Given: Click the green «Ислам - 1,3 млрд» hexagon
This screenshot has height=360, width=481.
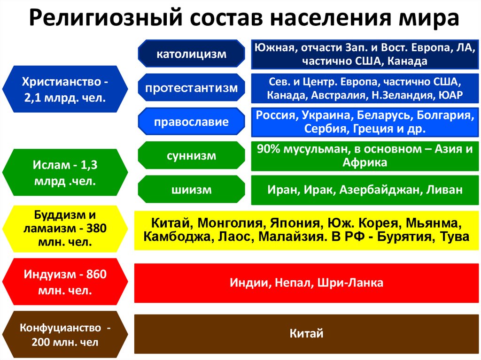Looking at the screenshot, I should pos(65,173).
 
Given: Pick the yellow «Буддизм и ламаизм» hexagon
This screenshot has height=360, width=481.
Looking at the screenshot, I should pos(65,229).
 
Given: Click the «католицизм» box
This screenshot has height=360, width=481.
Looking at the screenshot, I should pos(191,54).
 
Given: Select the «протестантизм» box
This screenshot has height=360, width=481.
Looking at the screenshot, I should pos(191,88).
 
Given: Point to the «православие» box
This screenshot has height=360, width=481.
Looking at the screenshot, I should pos(191,122).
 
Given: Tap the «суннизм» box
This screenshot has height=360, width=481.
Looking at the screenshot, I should pos(191,155).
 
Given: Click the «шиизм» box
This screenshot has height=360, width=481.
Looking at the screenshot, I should pos(191,190).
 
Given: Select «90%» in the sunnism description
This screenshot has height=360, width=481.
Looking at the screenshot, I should pos(268,149).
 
